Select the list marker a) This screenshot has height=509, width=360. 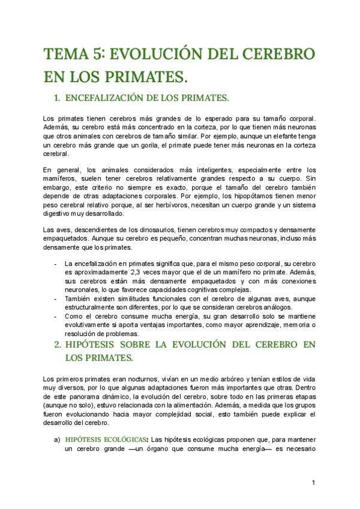57,439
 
